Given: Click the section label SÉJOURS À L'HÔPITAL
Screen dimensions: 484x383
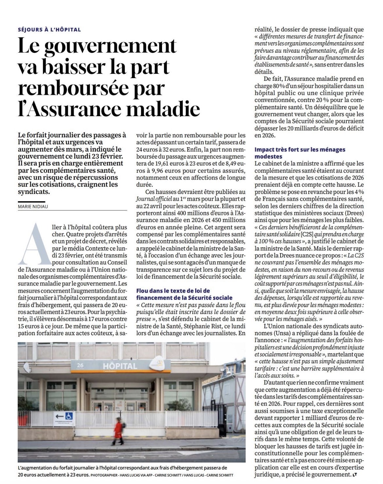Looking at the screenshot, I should [49, 30].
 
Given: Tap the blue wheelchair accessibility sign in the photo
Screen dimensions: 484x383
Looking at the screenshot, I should [70, 416].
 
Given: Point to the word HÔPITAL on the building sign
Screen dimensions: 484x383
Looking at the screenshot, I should [120, 365].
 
